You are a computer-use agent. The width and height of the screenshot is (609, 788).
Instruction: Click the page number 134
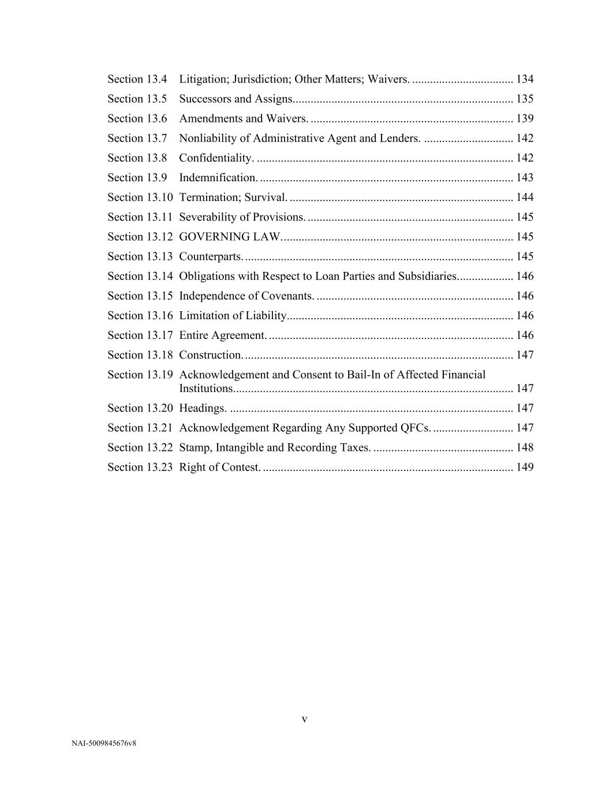click(525, 79)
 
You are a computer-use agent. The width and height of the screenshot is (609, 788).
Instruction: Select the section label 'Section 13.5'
click(137, 99)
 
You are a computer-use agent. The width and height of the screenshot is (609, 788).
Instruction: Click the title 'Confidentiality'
click(216, 158)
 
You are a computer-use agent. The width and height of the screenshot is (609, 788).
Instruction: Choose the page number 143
click(525, 177)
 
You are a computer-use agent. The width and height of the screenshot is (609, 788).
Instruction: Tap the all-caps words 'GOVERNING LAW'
click(230, 237)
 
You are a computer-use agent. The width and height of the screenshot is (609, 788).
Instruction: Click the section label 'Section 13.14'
click(140, 276)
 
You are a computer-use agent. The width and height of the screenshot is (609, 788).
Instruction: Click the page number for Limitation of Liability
click(525, 315)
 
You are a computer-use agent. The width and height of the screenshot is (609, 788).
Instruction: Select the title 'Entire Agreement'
click(222, 335)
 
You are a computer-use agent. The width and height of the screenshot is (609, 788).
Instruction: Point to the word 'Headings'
click(202, 408)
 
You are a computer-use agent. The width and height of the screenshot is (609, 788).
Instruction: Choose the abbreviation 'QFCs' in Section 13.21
click(414, 428)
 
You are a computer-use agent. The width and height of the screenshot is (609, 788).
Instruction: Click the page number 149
click(525, 467)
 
